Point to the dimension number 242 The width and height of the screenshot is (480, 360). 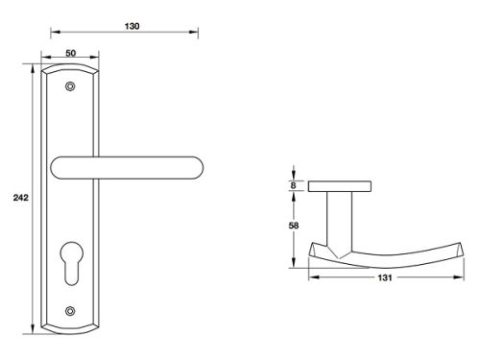tap(18, 198)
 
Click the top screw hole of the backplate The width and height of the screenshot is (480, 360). tap(71, 88)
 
